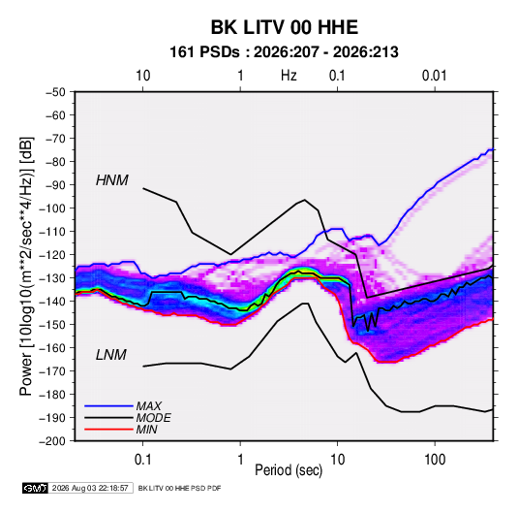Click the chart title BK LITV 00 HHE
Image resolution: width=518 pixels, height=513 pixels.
[285, 27]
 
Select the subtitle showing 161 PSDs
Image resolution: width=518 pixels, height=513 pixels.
[284, 52]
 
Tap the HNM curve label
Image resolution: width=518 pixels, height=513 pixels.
[112, 180]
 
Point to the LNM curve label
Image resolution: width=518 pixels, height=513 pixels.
[111, 355]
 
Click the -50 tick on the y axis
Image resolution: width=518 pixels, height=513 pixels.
[56, 92]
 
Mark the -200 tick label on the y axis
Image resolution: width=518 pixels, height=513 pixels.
[53, 441]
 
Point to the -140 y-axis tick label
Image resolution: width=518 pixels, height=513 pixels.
[53, 302]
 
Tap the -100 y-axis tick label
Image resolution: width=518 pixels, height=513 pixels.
[53, 208]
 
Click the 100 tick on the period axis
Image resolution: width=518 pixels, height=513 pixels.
[435, 460]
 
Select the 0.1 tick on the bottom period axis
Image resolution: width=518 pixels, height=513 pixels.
[142, 460]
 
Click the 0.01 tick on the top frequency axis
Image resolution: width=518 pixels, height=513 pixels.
[435, 76]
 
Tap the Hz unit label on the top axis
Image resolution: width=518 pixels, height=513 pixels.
[289, 76]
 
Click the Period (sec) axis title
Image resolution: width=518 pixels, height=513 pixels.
[289, 470]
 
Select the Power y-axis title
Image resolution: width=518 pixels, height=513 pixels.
[26, 267]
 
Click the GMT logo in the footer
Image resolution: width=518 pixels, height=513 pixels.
[35, 488]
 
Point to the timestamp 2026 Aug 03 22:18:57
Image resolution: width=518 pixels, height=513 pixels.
[90, 488]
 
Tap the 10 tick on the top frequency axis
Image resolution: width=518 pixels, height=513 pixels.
[143, 76]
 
